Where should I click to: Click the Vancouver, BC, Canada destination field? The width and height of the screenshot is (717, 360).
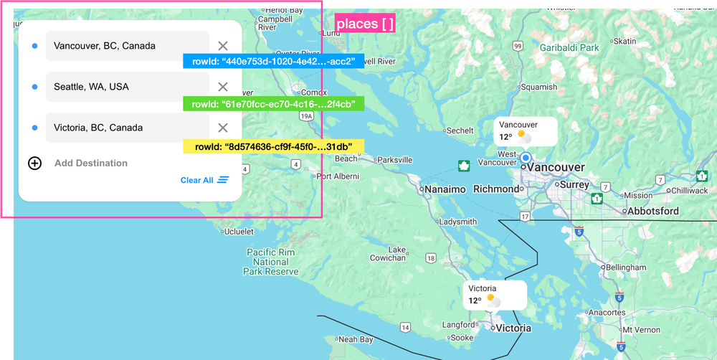(127, 46)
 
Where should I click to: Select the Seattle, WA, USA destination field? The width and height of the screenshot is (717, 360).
(127, 87)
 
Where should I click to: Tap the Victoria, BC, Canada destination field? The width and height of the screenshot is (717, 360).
(127, 128)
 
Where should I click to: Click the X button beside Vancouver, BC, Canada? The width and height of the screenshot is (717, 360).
(223, 46)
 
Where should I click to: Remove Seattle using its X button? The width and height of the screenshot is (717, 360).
(223, 87)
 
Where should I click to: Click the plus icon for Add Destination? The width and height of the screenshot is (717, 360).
(34, 163)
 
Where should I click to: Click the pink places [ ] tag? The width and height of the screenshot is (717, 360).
(365, 24)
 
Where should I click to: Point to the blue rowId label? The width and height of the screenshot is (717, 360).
(273, 61)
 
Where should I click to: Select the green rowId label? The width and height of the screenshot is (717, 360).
(273, 104)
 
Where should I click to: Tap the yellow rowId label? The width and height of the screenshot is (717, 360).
(273, 146)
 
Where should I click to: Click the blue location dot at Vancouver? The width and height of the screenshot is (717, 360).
(526, 158)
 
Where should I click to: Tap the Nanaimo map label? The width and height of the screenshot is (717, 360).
(445, 189)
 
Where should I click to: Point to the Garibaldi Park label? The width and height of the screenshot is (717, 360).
(569, 48)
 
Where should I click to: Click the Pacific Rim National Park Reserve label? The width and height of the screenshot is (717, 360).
(271, 262)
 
